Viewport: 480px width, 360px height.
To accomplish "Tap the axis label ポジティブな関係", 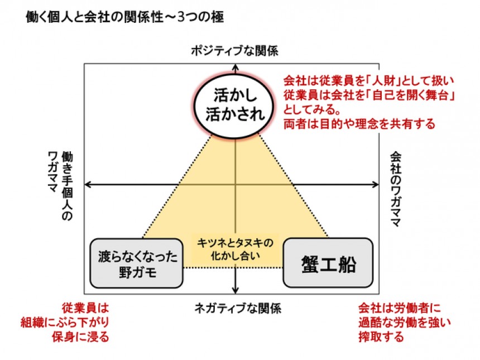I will pyautogui.click(x=234, y=51).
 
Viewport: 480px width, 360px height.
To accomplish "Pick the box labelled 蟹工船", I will pyautogui.click(x=328, y=262).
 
